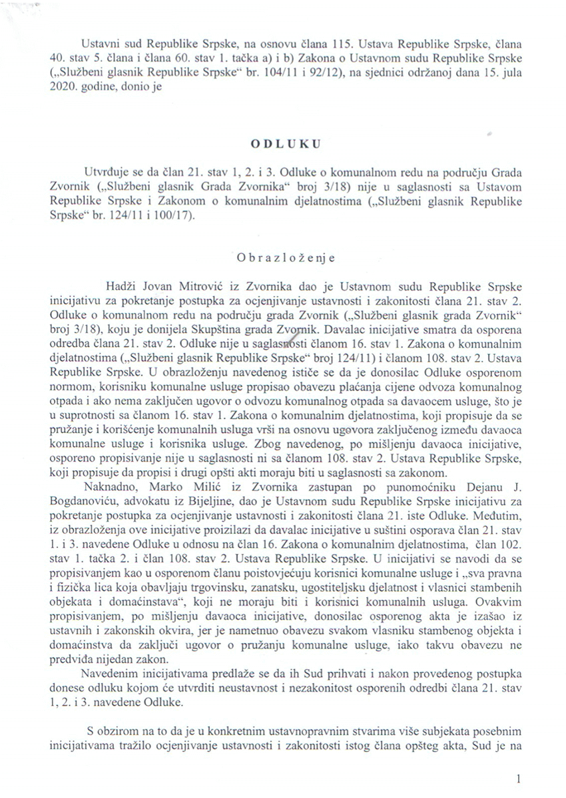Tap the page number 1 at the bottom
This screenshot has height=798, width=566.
point(519,776)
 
